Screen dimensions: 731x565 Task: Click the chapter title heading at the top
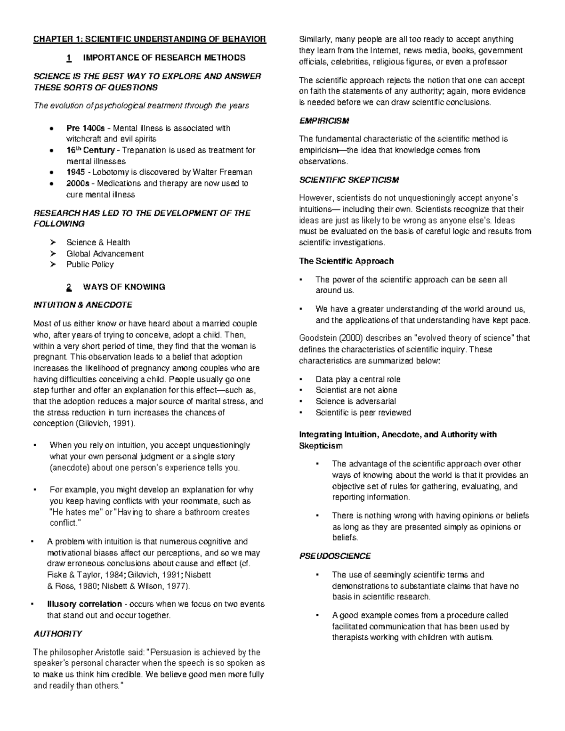click(149, 39)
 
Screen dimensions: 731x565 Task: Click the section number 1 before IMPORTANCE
click(69, 58)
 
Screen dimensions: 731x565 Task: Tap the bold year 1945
click(76, 172)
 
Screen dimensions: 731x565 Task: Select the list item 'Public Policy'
click(90, 265)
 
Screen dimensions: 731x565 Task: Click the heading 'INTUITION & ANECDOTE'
click(82, 305)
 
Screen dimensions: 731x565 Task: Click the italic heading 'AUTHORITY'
click(58, 634)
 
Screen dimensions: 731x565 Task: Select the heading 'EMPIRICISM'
click(324, 121)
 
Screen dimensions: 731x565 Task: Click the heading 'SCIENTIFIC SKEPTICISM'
click(349, 180)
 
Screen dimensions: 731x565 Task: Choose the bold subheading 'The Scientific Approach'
click(346, 261)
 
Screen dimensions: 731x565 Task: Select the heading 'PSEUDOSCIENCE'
click(335, 556)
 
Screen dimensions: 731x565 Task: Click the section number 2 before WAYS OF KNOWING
click(69, 287)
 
